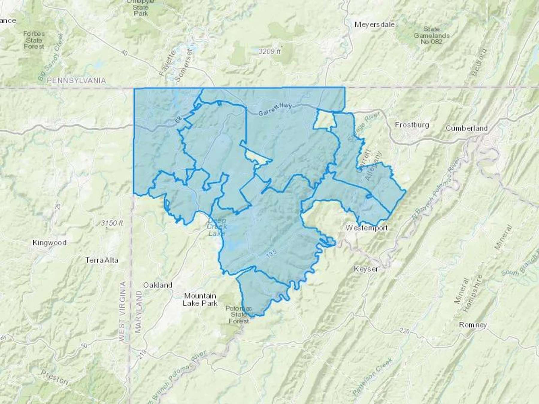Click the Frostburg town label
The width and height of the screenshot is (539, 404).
point(412,125)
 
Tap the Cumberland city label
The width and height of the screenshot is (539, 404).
point(467,128)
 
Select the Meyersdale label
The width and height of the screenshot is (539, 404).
point(374,25)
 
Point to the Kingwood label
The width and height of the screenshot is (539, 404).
point(49,242)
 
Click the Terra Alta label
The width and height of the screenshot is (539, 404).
point(102,260)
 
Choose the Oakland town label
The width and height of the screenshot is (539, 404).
point(158,285)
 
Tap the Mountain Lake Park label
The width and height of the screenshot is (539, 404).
point(200,299)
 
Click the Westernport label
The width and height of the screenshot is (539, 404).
point(367,228)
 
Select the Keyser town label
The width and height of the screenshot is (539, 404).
point(366,269)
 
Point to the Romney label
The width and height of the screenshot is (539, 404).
point(473,325)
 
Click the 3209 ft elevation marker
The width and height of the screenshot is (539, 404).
point(270,51)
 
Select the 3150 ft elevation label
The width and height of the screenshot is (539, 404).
point(112,223)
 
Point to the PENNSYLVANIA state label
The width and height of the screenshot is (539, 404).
point(76,81)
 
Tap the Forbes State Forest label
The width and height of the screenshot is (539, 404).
point(34,40)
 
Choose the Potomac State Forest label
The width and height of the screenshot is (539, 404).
point(239,315)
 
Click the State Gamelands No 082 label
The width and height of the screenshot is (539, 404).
point(431,35)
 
